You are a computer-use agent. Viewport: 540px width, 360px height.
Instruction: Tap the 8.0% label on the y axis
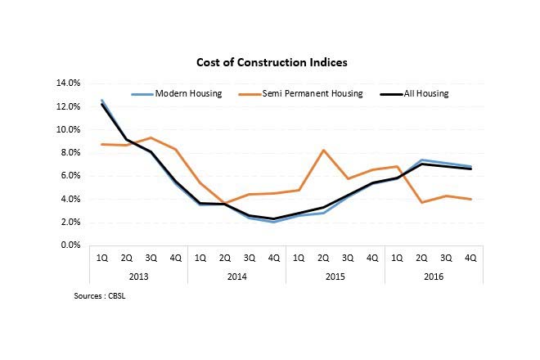(x=69, y=153)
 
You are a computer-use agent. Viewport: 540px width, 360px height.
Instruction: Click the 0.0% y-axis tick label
(x=69, y=245)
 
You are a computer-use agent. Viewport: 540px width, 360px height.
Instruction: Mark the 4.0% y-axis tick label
(x=69, y=199)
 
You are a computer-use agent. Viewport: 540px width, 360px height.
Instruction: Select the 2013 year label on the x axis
(x=138, y=277)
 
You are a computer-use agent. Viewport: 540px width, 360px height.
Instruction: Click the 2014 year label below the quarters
(x=236, y=277)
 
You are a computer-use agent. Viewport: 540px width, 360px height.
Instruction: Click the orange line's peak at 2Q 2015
(x=322, y=150)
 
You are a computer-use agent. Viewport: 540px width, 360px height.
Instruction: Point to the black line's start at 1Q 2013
(x=101, y=104)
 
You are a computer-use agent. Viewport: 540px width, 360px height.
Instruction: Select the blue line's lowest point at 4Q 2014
(x=273, y=222)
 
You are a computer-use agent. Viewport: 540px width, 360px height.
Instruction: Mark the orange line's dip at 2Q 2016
(x=421, y=202)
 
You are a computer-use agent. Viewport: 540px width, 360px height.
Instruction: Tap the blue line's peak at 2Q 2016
(x=421, y=160)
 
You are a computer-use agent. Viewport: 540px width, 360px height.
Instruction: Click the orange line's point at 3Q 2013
(x=151, y=137)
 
